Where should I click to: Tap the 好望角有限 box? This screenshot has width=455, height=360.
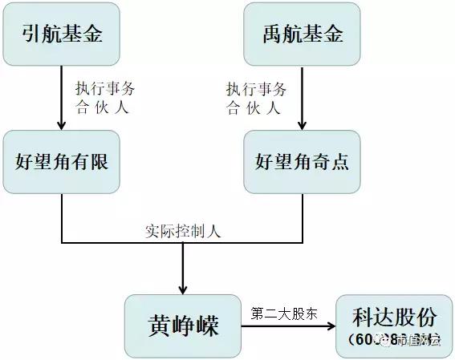pos(62,162)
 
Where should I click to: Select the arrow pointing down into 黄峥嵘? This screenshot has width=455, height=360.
pos(183,269)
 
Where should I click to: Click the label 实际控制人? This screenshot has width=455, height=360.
pos(183,230)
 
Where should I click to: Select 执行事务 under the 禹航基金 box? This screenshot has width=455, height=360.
pos(257,88)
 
